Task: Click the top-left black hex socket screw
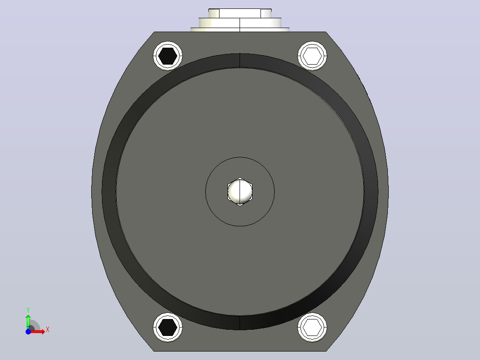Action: coord(168,56)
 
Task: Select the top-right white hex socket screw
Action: coord(312,56)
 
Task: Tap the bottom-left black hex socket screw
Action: coord(168,327)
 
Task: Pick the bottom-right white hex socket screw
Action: coord(312,327)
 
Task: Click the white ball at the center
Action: coord(240,192)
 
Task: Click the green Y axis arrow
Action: coord(28,322)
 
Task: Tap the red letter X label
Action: coord(48,330)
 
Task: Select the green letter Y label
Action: coord(28,310)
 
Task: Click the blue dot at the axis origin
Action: coord(28,331)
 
